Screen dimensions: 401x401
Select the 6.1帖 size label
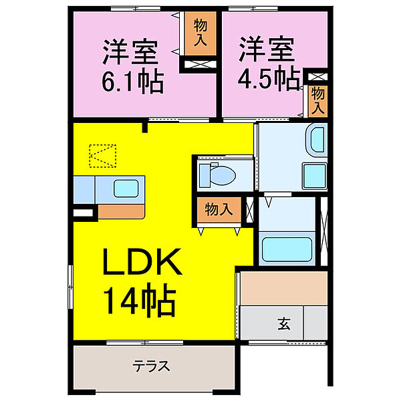[x=133, y=84]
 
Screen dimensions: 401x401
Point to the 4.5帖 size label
[x=269, y=79]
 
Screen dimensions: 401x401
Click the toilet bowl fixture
[x=218, y=174]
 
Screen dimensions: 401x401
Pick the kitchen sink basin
[x=126, y=188]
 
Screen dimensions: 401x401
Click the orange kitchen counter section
[x=121, y=212]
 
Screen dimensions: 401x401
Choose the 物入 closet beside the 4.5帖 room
[x=318, y=101]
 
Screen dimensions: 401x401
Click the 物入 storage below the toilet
[x=219, y=209]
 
